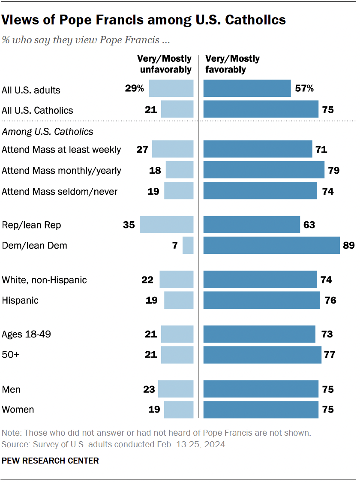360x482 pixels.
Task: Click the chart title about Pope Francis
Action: pyautogui.click(x=144, y=20)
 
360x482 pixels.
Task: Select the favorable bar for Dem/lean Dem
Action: pyautogui.click(x=271, y=245)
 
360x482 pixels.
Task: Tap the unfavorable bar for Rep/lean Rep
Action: pyautogui.click(x=167, y=225)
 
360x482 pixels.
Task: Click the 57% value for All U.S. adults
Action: pyautogui.click(x=304, y=89)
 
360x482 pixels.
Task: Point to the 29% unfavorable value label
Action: pyautogui.click(x=134, y=89)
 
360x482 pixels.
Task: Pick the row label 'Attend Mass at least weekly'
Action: pyautogui.click(x=61, y=150)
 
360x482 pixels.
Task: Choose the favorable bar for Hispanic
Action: pyautogui.click(x=261, y=300)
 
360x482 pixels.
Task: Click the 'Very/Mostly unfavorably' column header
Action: pyautogui.click(x=164, y=64)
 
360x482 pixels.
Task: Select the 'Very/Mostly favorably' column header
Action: pyautogui.click(x=233, y=64)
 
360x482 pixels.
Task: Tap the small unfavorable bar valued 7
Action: pyautogui.click(x=188, y=245)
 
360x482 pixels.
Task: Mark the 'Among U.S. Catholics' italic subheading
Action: pyautogui.click(x=48, y=131)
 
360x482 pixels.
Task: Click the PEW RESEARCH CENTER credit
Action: pyautogui.click(x=50, y=461)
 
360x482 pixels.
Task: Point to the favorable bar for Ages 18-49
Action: pyautogui.click(x=259, y=334)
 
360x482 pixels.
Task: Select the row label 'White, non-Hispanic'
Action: pyautogui.click(x=44, y=280)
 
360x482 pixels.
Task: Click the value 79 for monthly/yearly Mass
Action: pyautogui.click(x=333, y=170)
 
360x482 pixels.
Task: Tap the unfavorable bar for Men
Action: pyautogui.click(x=176, y=389)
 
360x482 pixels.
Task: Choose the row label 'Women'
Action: pyautogui.click(x=18, y=410)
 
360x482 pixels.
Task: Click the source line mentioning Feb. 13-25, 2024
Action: pyautogui.click(x=114, y=444)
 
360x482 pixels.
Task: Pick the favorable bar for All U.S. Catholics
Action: pyautogui.click(x=261, y=109)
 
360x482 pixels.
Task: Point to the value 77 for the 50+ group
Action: pyautogui.click(x=330, y=355)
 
